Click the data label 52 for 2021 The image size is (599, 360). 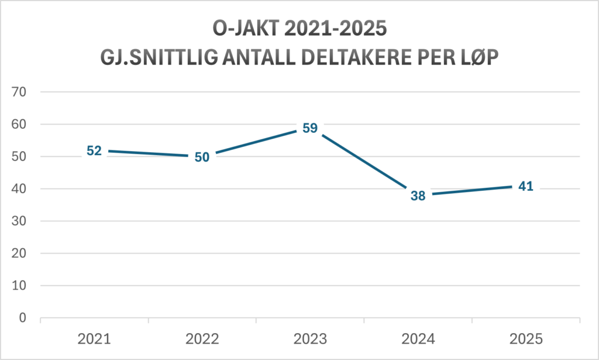(x=94, y=151)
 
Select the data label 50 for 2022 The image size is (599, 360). (x=202, y=157)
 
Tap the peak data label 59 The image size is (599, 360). (x=310, y=128)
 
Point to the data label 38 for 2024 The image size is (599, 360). (x=418, y=196)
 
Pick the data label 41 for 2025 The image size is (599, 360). (x=525, y=187)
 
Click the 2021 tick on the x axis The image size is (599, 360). (x=94, y=338)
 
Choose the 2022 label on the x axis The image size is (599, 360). (x=202, y=338)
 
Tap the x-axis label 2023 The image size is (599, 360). (x=310, y=338)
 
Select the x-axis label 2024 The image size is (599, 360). (x=418, y=338)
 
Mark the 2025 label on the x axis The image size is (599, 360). (x=526, y=338)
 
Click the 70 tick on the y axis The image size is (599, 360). (x=23, y=92)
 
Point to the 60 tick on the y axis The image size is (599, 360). (x=23, y=124)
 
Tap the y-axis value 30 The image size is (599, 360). (x=23, y=221)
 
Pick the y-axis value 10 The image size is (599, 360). (x=23, y=286)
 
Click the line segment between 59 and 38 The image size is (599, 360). (x=364, y=162)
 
